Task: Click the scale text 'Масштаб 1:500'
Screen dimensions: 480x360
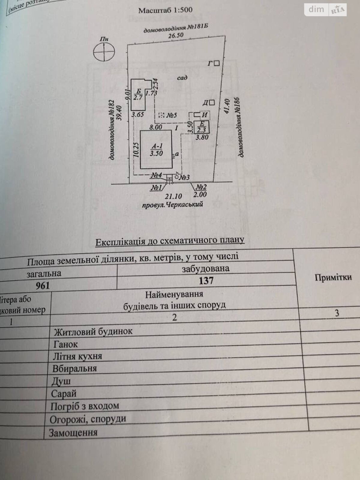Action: point(165,10)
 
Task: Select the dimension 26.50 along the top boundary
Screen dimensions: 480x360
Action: point(175,35)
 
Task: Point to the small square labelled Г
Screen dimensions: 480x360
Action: point(217,63)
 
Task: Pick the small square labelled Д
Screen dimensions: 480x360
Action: point(212,103)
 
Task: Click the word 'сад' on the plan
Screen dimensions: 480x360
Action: point(182,78)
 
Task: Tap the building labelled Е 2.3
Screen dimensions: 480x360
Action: point(202,127)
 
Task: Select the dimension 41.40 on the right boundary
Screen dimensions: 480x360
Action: point(227,106)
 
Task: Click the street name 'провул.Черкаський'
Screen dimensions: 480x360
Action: point(172,205)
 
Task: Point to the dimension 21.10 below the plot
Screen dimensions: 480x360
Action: point(173,196)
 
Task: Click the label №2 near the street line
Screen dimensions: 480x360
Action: point(201,187)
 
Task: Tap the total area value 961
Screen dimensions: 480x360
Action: point(43,285)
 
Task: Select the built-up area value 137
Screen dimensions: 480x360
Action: point(206,280)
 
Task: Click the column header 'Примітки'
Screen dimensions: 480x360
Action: point(333,277)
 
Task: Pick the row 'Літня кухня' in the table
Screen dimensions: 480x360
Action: point(77,356)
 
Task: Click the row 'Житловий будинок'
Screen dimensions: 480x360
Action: point(93,332)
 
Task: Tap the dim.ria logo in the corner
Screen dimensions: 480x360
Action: point(325,10)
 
